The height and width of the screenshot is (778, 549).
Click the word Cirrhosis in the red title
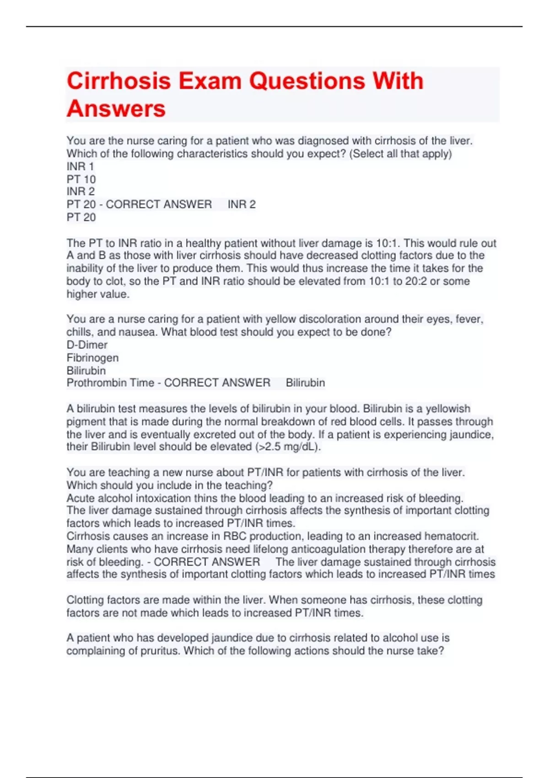(118, 81)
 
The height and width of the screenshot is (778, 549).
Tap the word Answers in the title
(116, 109)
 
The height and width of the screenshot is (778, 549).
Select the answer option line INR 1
(80, 167)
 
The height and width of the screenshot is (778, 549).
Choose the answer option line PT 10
(81, 179)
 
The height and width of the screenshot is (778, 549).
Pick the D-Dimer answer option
(87, 345)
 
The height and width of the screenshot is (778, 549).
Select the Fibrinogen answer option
(92, 357)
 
